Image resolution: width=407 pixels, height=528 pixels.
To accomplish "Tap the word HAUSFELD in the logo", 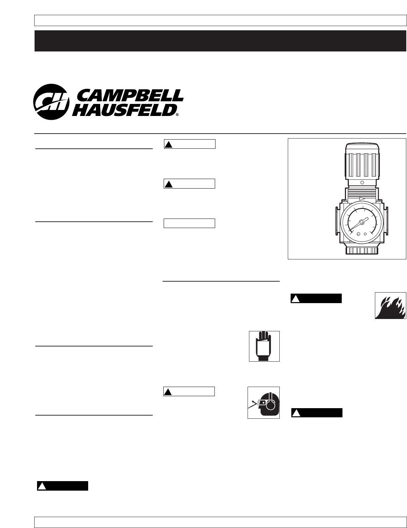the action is click(124, 109).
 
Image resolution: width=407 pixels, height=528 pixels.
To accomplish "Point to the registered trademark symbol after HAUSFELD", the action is click(177, 115).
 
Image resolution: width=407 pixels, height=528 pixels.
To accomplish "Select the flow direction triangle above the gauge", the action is click(362, 199).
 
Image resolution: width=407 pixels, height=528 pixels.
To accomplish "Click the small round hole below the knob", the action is click(362, 183).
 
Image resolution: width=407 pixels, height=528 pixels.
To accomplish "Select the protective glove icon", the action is click(264, 346).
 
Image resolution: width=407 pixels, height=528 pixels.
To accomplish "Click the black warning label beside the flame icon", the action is click(316, 299).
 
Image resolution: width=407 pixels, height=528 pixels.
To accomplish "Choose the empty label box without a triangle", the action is click(189, 223).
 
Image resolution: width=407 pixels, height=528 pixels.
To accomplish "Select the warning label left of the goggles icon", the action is click(189, 391).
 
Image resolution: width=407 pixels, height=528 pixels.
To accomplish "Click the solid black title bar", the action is click(220, 41).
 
